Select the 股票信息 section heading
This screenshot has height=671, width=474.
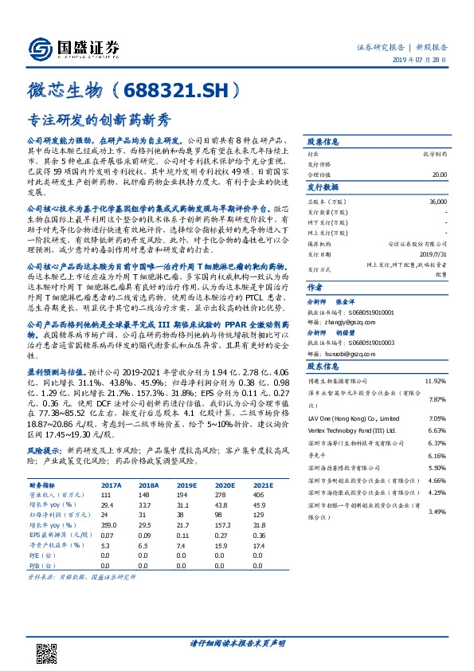(x=324, y=139)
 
